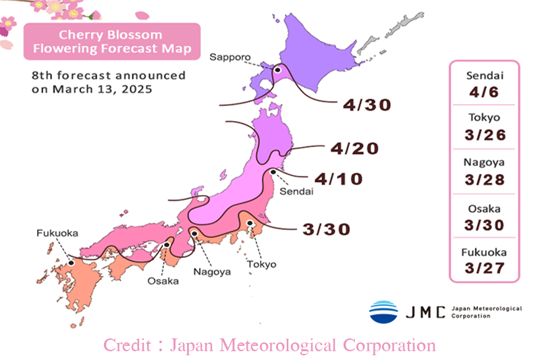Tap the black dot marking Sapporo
click(x=277, y=69)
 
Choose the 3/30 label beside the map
click(x=327, y=229)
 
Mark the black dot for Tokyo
click(x=250, y=223)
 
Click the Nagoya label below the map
click(x=212, y=272)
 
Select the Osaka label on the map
click(x=163, y=280)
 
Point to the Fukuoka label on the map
click(x=57, y=233)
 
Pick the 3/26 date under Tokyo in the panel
click(x=483, y=134)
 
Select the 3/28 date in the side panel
click(x=483, y=179)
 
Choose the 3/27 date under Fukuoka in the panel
click(x=483, y=268)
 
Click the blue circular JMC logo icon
click(x=383, y=311)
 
